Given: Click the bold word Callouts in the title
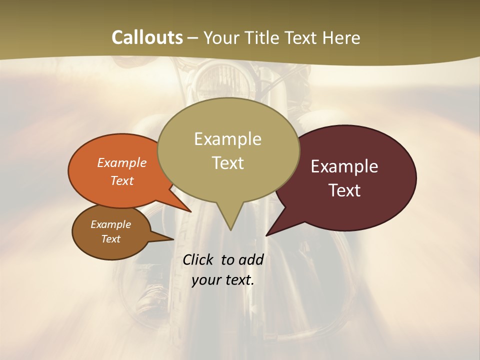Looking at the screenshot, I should click(x=147, y=37).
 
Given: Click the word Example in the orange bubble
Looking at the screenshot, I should click(x=122, y=162).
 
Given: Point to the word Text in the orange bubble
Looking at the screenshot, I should click(x=122, y=180).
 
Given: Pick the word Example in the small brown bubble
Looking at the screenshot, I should click(x=110, y=224).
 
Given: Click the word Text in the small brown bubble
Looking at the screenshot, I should click(x=110, y=239).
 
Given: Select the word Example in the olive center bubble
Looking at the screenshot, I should click(x=227, y=139).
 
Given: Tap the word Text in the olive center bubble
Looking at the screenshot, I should click(x=227, y=163).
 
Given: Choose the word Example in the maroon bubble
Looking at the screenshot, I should click(x=344, y=166).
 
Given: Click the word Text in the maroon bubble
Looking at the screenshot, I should click(x=344, y=190).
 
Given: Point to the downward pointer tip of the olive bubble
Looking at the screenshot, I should click(x=230, y=229).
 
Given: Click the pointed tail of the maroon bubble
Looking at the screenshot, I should click(x=267, y=234).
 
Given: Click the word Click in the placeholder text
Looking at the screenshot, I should click(x=199, y=259).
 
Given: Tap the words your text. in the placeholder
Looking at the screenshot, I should click(x=223, y=280).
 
